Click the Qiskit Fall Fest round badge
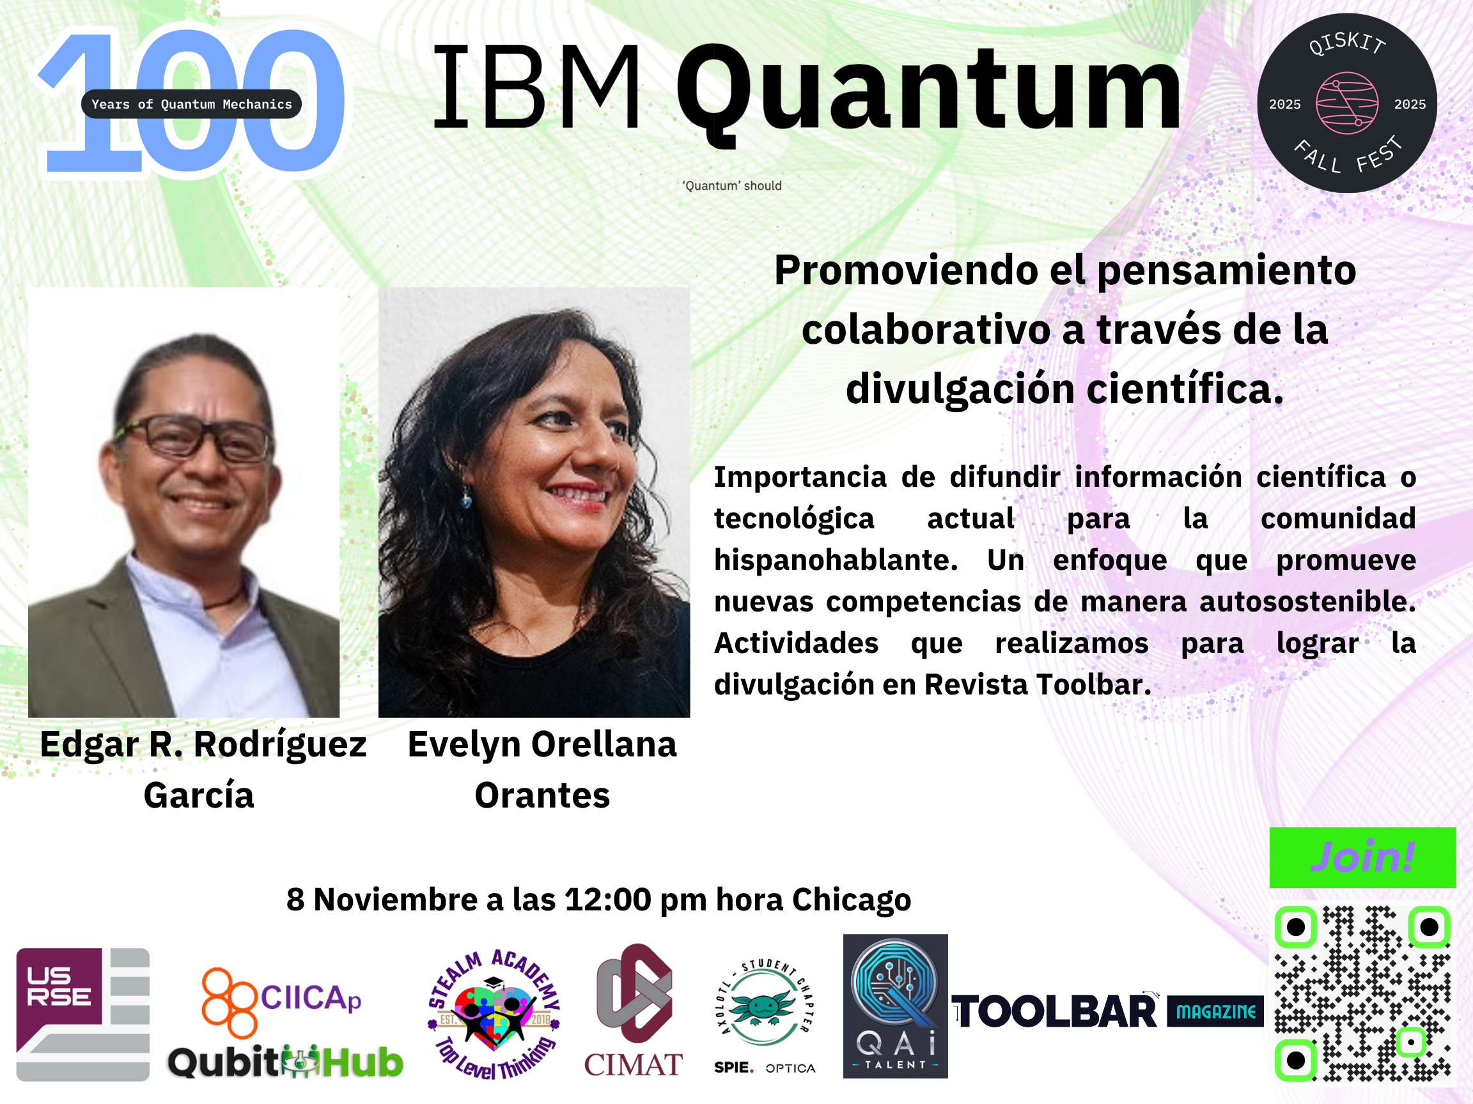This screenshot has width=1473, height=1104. (1346, 103)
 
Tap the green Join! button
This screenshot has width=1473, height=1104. (1362, 857)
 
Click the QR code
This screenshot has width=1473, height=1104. (1362, 993)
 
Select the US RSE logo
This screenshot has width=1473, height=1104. (82, 1014)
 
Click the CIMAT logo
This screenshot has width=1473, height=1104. (634, 1010)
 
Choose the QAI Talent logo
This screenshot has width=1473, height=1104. (895, 1006)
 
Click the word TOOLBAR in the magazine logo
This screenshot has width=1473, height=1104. (1056, 1012)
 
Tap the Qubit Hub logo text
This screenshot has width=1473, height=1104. (285, 1061)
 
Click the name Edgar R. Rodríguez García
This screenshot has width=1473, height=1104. (203, 769)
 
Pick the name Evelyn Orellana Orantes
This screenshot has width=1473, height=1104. (542, 769)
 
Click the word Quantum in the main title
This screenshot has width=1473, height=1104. (928, 90)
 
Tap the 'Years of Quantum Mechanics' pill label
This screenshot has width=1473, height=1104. (192, 103)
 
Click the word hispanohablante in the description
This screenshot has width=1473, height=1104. (836, 560)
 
